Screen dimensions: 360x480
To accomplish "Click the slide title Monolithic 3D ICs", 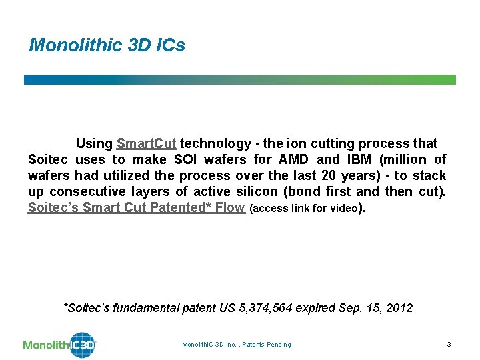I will coord(107,45).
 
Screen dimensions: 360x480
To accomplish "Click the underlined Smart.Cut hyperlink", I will coord(146,143).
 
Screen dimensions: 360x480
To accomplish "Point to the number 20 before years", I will coord(359,175).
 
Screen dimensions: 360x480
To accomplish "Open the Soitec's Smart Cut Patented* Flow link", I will coord(136,207).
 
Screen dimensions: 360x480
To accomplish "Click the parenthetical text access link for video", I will coord(303,208).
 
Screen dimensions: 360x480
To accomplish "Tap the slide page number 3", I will coord(449,344).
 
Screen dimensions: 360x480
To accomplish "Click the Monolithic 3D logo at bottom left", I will coord(60,345).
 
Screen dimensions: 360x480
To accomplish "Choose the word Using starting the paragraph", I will coord(94,143).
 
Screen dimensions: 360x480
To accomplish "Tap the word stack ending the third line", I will coord(429,175).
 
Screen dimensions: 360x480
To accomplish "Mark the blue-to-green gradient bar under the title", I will coord(240,79).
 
